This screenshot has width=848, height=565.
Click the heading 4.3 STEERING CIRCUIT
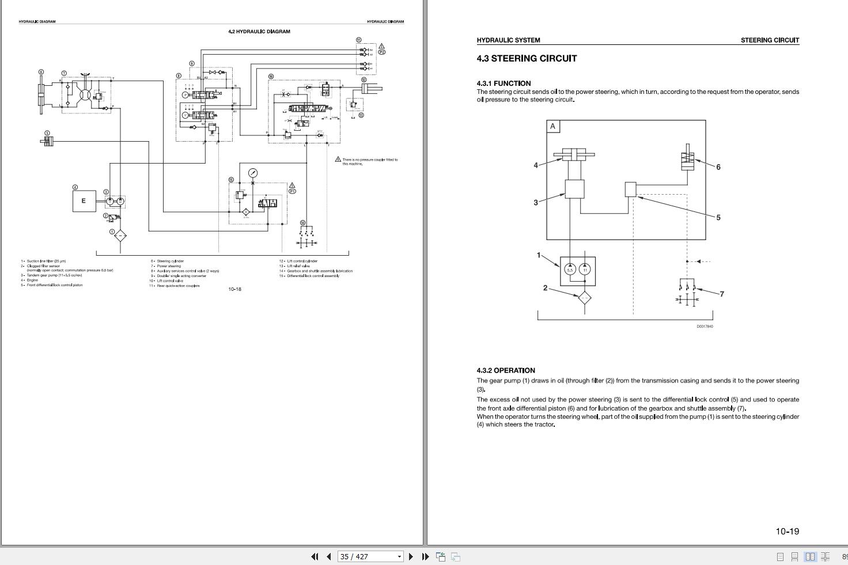527,58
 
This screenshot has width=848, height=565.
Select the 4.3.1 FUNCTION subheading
503,83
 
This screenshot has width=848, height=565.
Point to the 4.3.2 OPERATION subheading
506,370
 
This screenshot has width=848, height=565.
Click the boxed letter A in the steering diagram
553,127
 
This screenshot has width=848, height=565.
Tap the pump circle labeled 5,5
570,269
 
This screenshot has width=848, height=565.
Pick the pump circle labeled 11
585,269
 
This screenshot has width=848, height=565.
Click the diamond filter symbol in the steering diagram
584,298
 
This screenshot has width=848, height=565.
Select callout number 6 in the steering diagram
718,167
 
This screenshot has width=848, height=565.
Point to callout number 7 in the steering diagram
721,294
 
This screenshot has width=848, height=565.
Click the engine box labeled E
84,201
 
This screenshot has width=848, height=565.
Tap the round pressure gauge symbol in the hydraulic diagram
253,173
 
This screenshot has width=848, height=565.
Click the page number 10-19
787,531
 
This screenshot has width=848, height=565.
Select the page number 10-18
234,289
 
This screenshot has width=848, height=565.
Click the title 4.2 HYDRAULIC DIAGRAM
259,32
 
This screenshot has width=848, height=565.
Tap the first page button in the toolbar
315,556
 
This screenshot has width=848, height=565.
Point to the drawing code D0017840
705,327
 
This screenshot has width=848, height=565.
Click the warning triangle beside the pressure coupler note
338,160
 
